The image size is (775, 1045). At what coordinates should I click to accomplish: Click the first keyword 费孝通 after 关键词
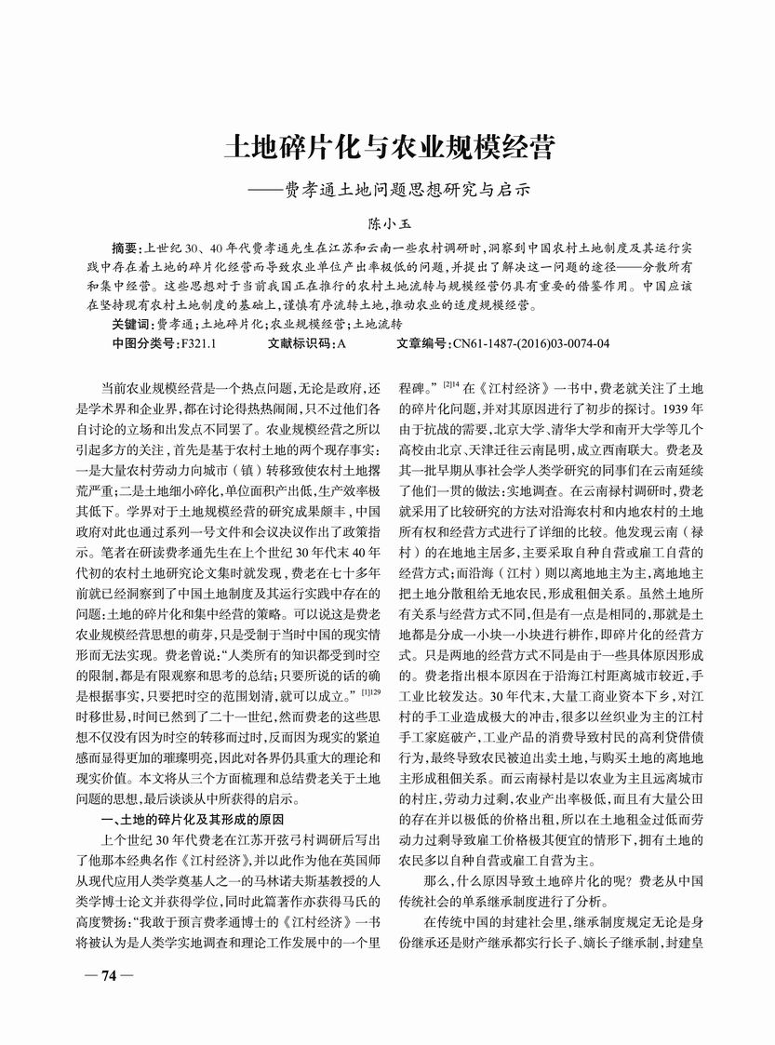(174, 324)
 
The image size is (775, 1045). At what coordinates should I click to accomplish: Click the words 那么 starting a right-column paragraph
(434, 878)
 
